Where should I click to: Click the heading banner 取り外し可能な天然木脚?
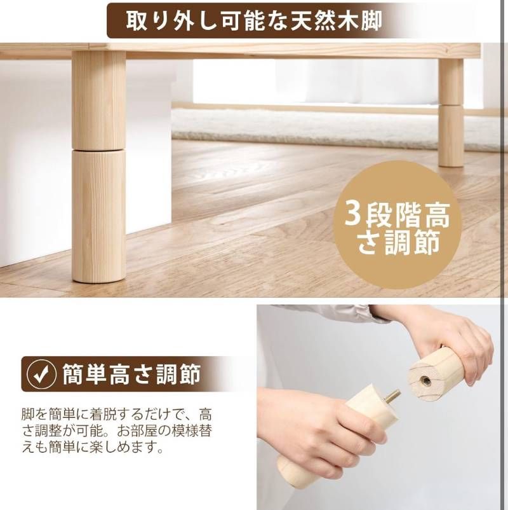tap(254, 20)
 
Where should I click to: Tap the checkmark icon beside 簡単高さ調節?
tap(41, 375)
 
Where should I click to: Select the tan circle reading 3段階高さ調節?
tap(397, 225)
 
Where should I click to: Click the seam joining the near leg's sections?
tap(98, 149)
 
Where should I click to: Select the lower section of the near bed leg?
tap(98, 216)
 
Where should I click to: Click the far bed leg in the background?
tap(451, 114)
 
